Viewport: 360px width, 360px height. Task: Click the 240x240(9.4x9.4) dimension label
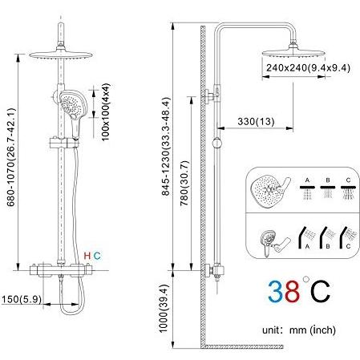pyautogui.click(x=308, y=68)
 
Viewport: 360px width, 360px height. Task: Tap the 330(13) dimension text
pyautogui.click(x=256, y=122)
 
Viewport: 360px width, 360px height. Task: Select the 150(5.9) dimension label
pyautogui.click(x=22, y=299)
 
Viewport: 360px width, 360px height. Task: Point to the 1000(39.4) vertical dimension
pyautogui.click(x=164, y=308)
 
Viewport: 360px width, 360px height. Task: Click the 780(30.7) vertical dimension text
pyautogui.click(x=184, y=183)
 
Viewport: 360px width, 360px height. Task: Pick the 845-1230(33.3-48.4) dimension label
pyautogui.click(x=166, y=146)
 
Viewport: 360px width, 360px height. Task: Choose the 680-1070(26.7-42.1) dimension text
pyautogui.click(x=11, y=157)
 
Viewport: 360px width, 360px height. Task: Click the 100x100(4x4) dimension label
pyautogui.click(x=106, y=112)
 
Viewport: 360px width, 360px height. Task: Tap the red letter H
pyautogui.click(x=87, y=256)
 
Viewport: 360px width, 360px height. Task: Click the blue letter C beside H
pyautogui.click(x=97, y=256)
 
